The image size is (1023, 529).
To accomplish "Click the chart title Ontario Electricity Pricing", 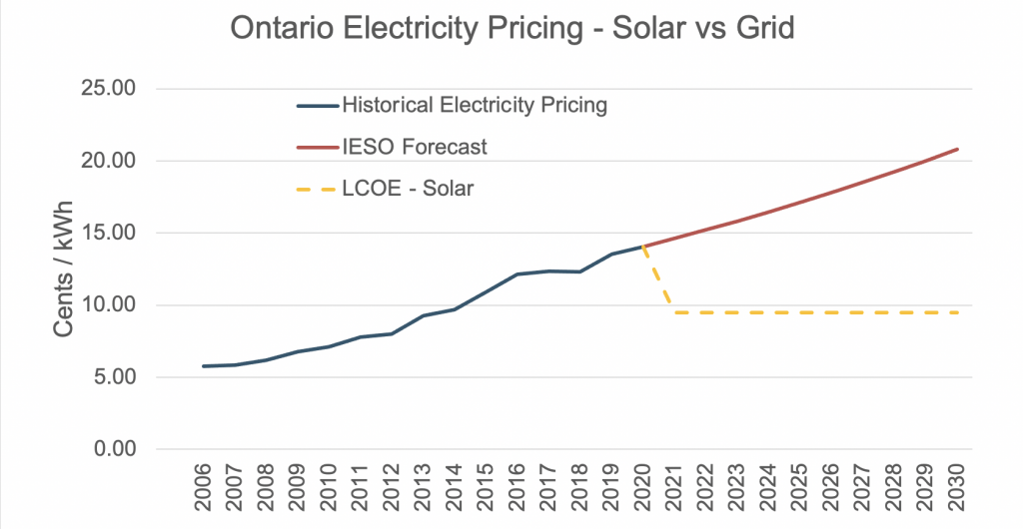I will (511, 29).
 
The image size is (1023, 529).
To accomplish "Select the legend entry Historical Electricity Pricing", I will (474, 105).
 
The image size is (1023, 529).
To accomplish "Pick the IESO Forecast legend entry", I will (414, 147).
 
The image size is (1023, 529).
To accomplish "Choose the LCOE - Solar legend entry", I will (407, 188).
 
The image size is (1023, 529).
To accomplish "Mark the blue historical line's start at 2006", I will (204, 366).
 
